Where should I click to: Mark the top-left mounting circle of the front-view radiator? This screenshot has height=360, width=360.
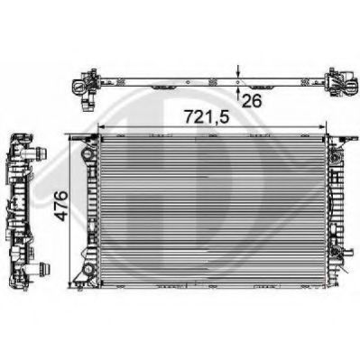pos(87,154)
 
